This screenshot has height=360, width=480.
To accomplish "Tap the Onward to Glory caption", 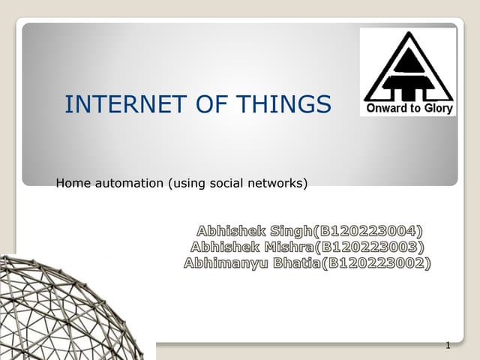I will [409, 109].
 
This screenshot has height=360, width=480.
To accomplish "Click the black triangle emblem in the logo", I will [408, 67].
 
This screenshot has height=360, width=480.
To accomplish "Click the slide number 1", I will [447, 346].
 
